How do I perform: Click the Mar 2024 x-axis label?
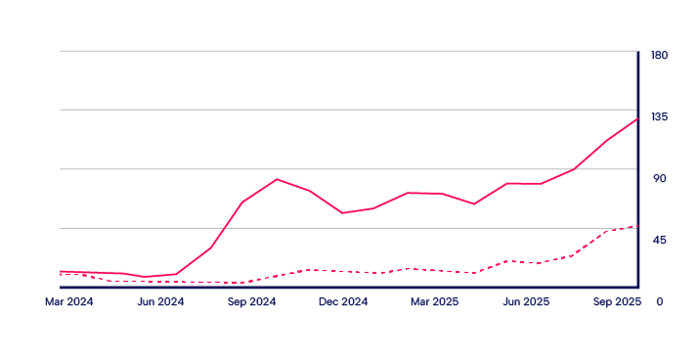pyautogui.click(x=69, y=302)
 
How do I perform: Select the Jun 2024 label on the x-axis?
pyautogui.click(x=160, y=302)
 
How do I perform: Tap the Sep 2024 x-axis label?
pyautogui.click(x=252, y=302)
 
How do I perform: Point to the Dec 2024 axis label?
pyautogui.click(x=343, y=302)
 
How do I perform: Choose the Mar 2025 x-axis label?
pyautogui.click(x=434, y=302)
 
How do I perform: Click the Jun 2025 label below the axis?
pyautogui.click(x=526, y=302)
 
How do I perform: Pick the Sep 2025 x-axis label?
pyautogui.click(x=617, y=302)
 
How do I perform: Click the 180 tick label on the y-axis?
pyautogui.click(x=659, y=55)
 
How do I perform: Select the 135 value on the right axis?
pyautogui.click(x=659, y=116)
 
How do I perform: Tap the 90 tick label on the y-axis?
pyautogui.click(x=659, y=178)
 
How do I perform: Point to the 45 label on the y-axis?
pyautogui.click(x=659, y=240)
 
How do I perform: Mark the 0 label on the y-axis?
pyautogui.click(x=659, y=301)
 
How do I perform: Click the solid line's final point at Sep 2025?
pyautogui.click(x=637, y=119)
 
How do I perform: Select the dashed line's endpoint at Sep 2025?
pyautogui.click(x=637, y=226)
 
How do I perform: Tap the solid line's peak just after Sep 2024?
pyautogui.click(x=277, y=179)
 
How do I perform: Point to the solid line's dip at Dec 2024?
pyautogui.click(x=342, y=213)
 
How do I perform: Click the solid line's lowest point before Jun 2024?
pyautogui.click(x=145, y=277)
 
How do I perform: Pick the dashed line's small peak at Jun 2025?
pyautogui.click(x=506, y=261)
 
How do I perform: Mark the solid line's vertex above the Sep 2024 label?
pyautogui.click(x=242, y=202)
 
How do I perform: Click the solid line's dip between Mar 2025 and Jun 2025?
pyautogui.click(x=474, y=204)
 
